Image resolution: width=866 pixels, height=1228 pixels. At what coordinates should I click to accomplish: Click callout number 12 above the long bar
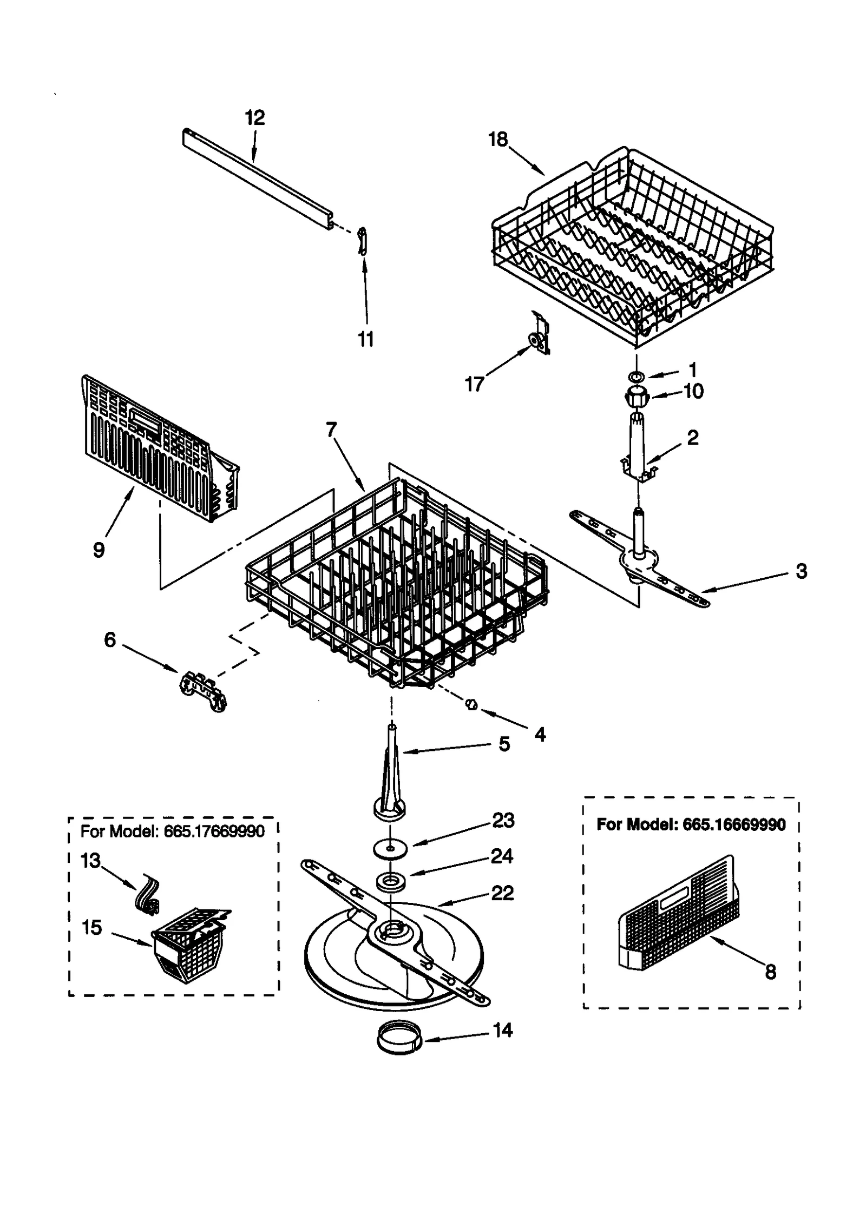click(x=255, y=118)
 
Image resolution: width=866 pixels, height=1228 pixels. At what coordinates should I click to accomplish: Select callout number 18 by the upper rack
click(x=498, y=140)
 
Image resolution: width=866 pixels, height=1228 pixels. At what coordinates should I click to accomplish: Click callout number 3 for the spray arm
click(x=802, y=571)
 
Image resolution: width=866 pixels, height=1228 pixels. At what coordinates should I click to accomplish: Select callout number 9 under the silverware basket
click(x=99, y=550)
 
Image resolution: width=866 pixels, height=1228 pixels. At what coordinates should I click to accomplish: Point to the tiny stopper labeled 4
click(x=471, y=703)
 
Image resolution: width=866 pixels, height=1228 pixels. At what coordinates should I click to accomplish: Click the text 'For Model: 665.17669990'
click(x=172, y=831)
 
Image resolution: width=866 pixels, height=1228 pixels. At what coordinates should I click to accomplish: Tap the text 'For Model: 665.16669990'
click(x=691, y=824)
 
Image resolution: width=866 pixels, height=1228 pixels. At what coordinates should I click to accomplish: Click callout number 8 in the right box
click(x=770, y=972)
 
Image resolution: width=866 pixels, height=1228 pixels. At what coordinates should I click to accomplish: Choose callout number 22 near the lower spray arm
click(x=502, y=893)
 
